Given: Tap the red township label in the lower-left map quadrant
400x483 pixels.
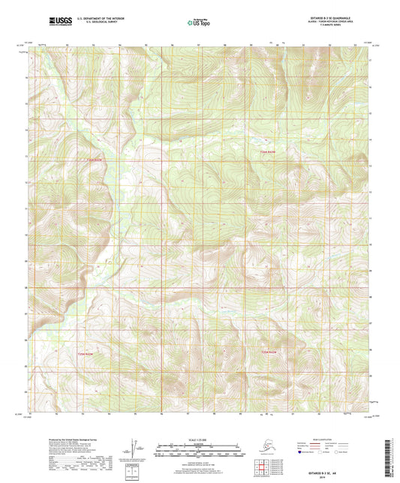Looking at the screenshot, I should (88, 349).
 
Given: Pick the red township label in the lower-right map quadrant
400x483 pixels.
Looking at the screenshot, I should (269, 352).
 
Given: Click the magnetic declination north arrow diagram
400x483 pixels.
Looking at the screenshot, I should (135, 450).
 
